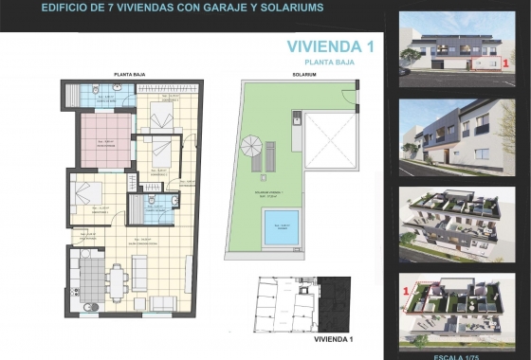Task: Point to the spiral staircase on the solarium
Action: (x=252, y=148)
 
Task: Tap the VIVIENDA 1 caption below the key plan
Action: (x=333, y=338)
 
